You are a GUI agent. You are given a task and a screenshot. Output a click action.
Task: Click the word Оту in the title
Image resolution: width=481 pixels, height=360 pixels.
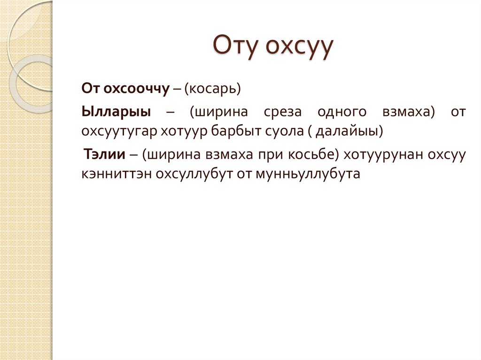coord(236,47)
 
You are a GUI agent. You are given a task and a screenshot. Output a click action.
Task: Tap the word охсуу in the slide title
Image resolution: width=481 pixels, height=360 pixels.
coord(300,47)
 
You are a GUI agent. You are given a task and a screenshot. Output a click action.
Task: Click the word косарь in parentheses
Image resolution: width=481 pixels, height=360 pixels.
coord(213,88)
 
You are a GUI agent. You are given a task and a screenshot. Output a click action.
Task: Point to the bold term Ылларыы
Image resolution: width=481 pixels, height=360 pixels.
coord(117,112)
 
